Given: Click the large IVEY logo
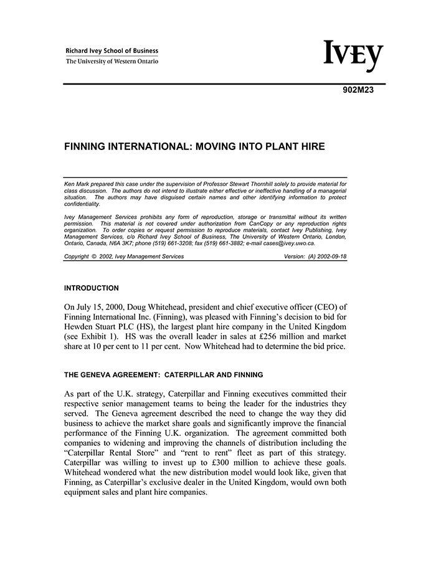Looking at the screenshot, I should [x=353, y=55].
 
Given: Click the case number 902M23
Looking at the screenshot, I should [x=358, y=89].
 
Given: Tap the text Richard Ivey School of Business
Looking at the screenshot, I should [x=112, y=51].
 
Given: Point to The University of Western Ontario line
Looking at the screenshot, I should [x=112, y=61].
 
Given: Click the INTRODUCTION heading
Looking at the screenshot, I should [x=92, y=288].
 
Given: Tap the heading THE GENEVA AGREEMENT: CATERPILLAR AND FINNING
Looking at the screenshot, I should [x=164, y=375].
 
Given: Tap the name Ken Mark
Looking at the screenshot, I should [x=76, y=184].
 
